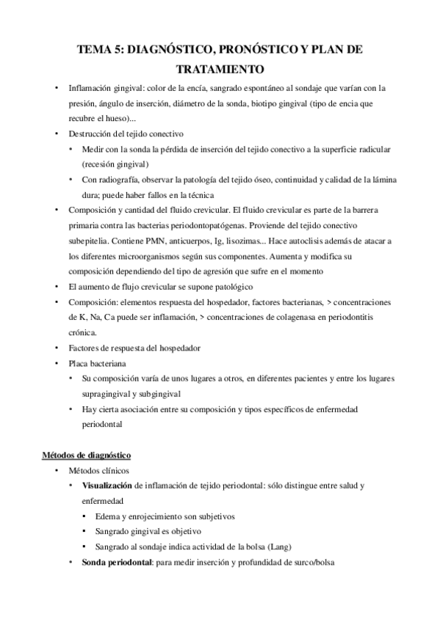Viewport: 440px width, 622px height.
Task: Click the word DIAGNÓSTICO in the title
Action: point(167,49)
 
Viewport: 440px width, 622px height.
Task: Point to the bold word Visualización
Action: point(108,486)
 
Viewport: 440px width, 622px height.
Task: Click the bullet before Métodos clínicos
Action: point(57,470)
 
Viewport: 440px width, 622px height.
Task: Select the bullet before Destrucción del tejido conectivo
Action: point(57,133)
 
